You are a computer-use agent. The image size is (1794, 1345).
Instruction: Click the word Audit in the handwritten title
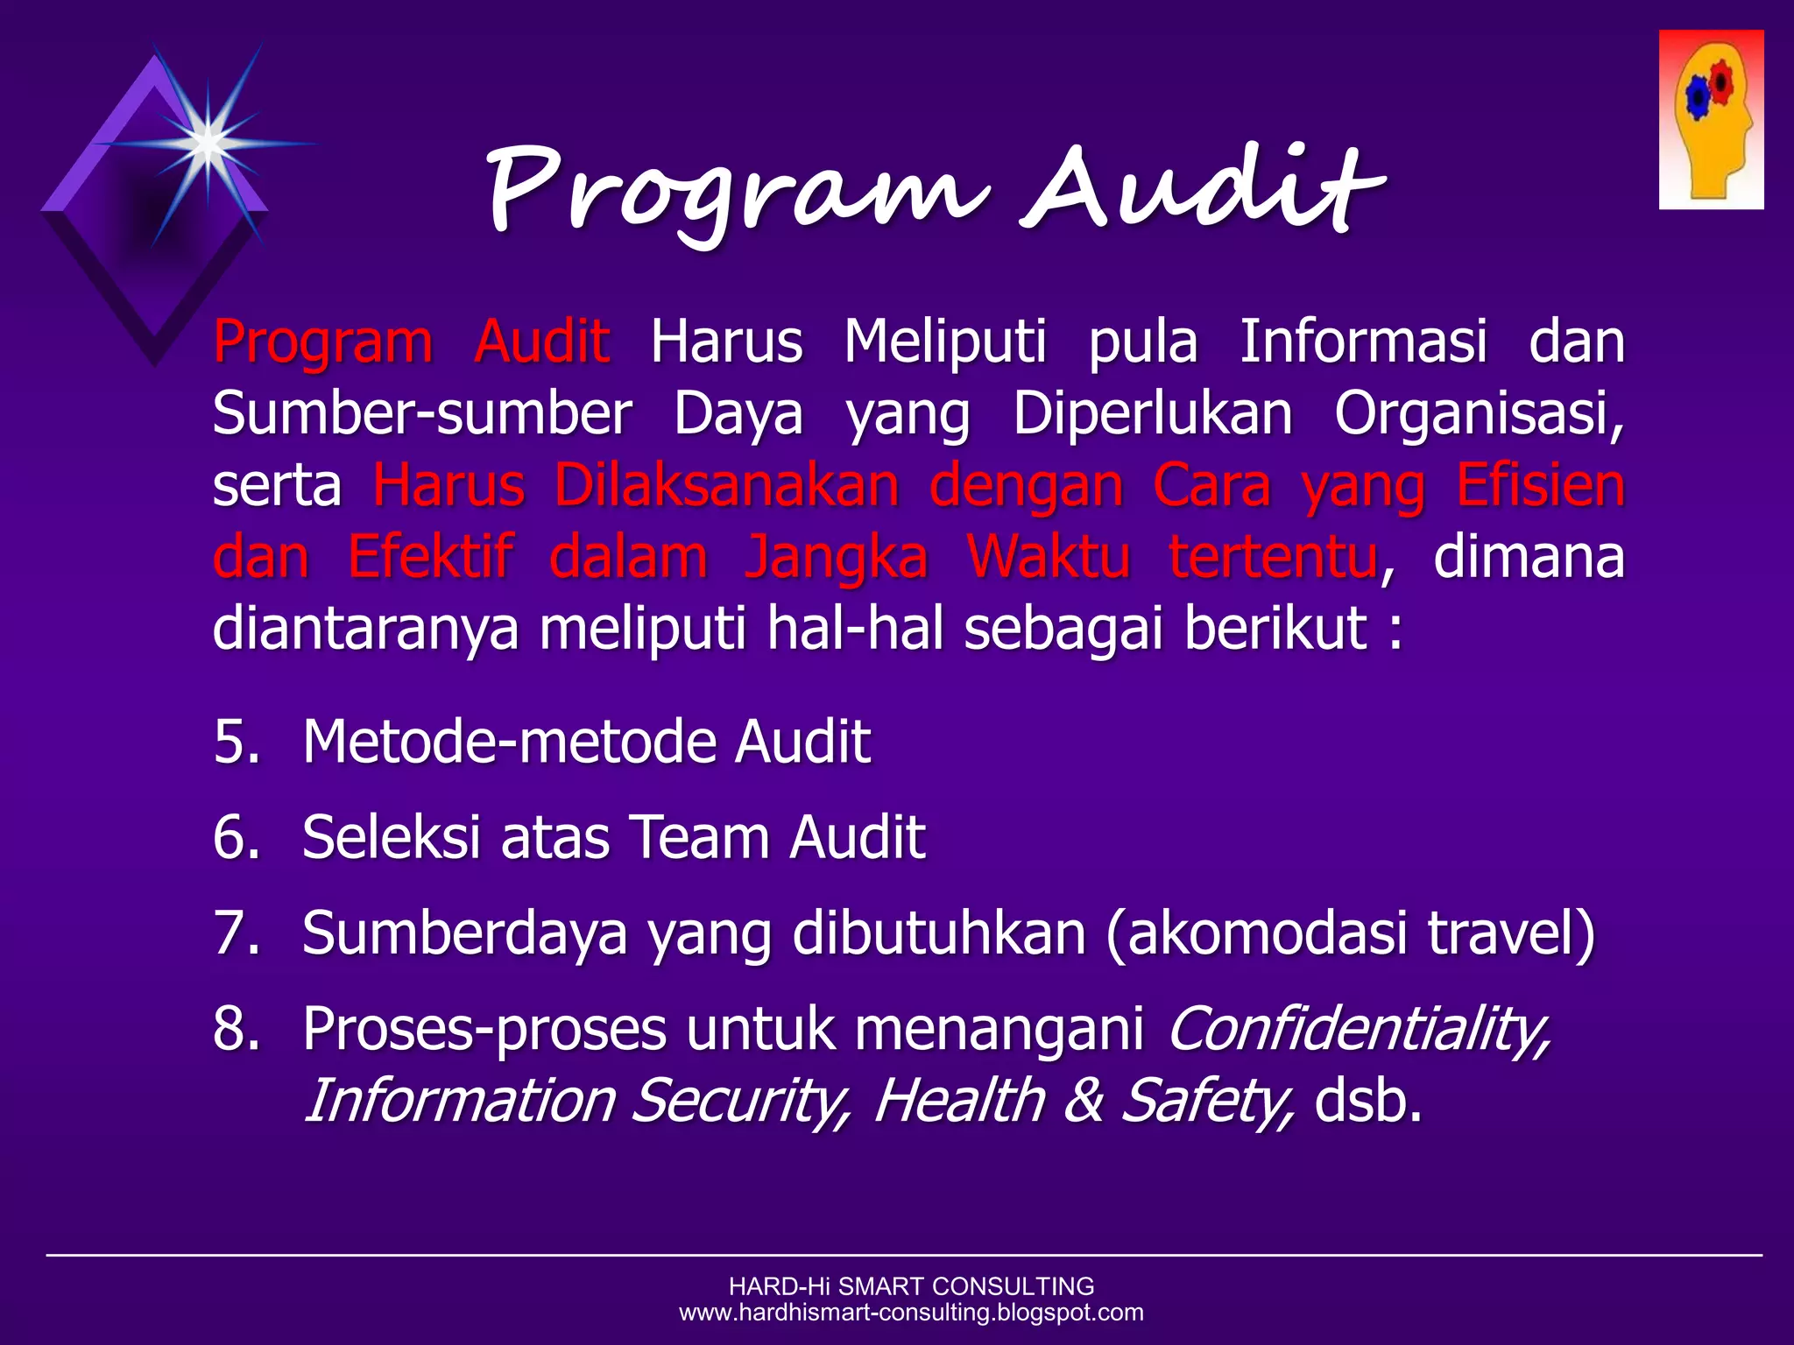click(x=1204, y=188)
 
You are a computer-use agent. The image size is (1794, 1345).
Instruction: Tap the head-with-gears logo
click(x=1711, y=120)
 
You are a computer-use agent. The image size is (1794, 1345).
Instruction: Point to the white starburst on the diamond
click(x=208, y=142)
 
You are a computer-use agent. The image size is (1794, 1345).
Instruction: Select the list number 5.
click(x=237, y=742)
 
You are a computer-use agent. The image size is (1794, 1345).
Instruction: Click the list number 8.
click(x=237, y=1028)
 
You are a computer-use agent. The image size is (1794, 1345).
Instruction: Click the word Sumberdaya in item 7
click(x=464, y=933)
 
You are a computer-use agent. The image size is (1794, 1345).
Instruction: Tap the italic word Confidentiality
click(x=1359, y=1028)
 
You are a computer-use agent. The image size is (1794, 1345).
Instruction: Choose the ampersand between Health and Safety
click(x=1084, y=1100)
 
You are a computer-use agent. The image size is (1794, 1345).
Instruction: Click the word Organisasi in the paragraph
click(x=1479, y=412)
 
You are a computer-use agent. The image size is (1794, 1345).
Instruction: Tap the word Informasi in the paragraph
click(x=1363, y=341)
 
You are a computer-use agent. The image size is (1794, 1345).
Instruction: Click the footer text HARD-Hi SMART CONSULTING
click(x=911, y=1286)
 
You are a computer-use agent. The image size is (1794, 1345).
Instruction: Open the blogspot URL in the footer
click(x=911, y=1313)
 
